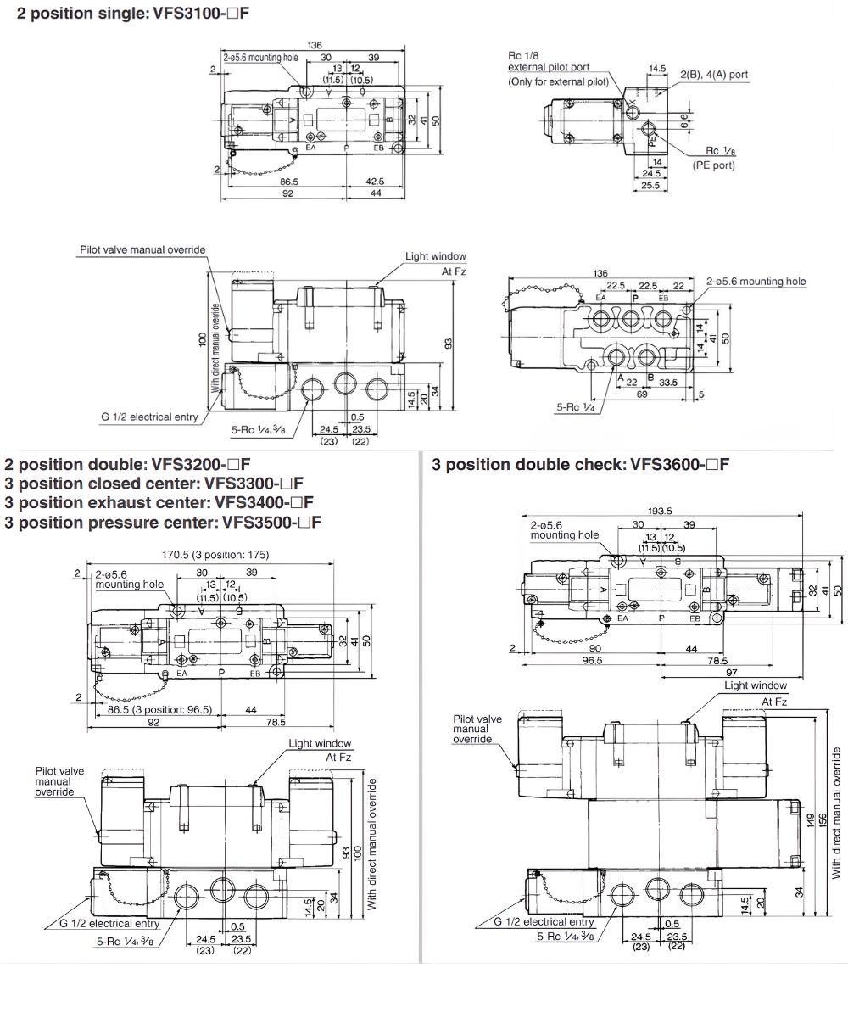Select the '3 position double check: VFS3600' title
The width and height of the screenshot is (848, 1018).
point(580,464)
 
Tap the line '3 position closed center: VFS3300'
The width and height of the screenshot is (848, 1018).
point(153,484)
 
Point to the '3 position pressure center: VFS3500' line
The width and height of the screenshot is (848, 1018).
point(163,522)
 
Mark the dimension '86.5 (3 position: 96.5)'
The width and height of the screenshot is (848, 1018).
point(159,709)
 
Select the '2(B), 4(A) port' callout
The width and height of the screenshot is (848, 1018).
point(714,75)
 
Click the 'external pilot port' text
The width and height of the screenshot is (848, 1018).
point(549,67)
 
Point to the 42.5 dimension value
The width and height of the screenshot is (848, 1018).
point(375,181)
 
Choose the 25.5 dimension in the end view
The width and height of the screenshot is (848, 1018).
point(650,184)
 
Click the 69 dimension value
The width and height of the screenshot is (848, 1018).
point(641,395)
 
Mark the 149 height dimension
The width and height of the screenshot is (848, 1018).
point(810,819)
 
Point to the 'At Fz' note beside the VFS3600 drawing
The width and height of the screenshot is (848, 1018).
point(774,702)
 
